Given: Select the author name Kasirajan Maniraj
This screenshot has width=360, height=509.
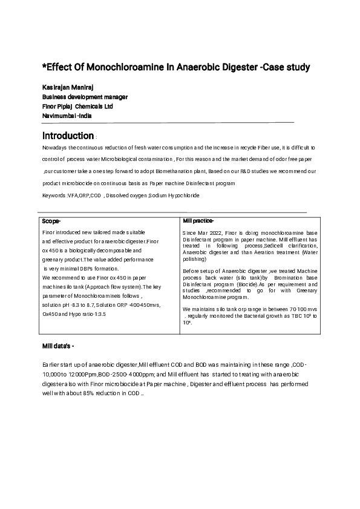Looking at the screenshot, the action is pos(67,88).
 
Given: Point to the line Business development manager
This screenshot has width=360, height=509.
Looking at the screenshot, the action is pos(85,97).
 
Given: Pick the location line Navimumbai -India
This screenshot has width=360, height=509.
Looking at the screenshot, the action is pos(67,115).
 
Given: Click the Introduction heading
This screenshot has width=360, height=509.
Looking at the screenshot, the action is pos(68,136).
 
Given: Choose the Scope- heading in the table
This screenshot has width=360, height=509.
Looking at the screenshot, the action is pos(51,221).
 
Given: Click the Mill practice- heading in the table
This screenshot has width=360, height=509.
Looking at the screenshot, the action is pos(198,221).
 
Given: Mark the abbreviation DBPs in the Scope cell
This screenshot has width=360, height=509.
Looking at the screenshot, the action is pos(83,268).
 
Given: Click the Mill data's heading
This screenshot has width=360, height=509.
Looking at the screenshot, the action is pos(58,346).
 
